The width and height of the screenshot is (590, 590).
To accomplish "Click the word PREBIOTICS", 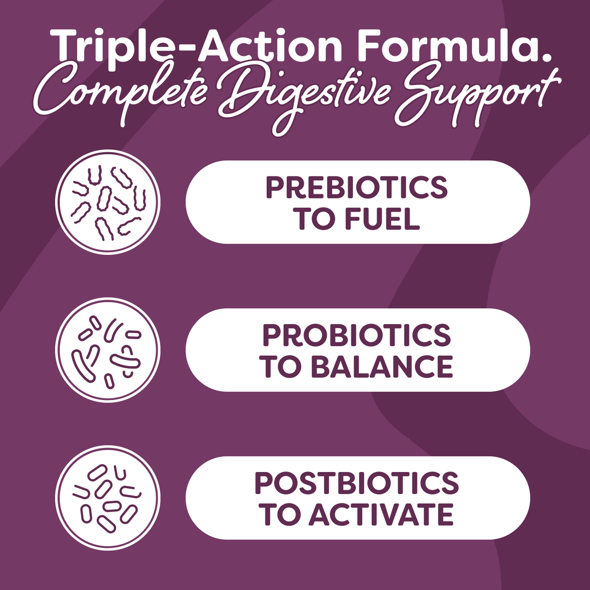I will [357, 188].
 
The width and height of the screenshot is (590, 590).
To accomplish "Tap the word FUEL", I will [382, 219].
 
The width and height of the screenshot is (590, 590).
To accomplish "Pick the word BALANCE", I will [382, 366].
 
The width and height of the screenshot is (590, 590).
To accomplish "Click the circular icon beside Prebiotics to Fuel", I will [108, 202].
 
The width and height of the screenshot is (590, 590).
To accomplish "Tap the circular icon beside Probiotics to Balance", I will [108, 350].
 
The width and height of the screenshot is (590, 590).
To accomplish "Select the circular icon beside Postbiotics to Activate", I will [108, 498].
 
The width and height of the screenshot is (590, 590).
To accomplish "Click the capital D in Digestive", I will [237, 94].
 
